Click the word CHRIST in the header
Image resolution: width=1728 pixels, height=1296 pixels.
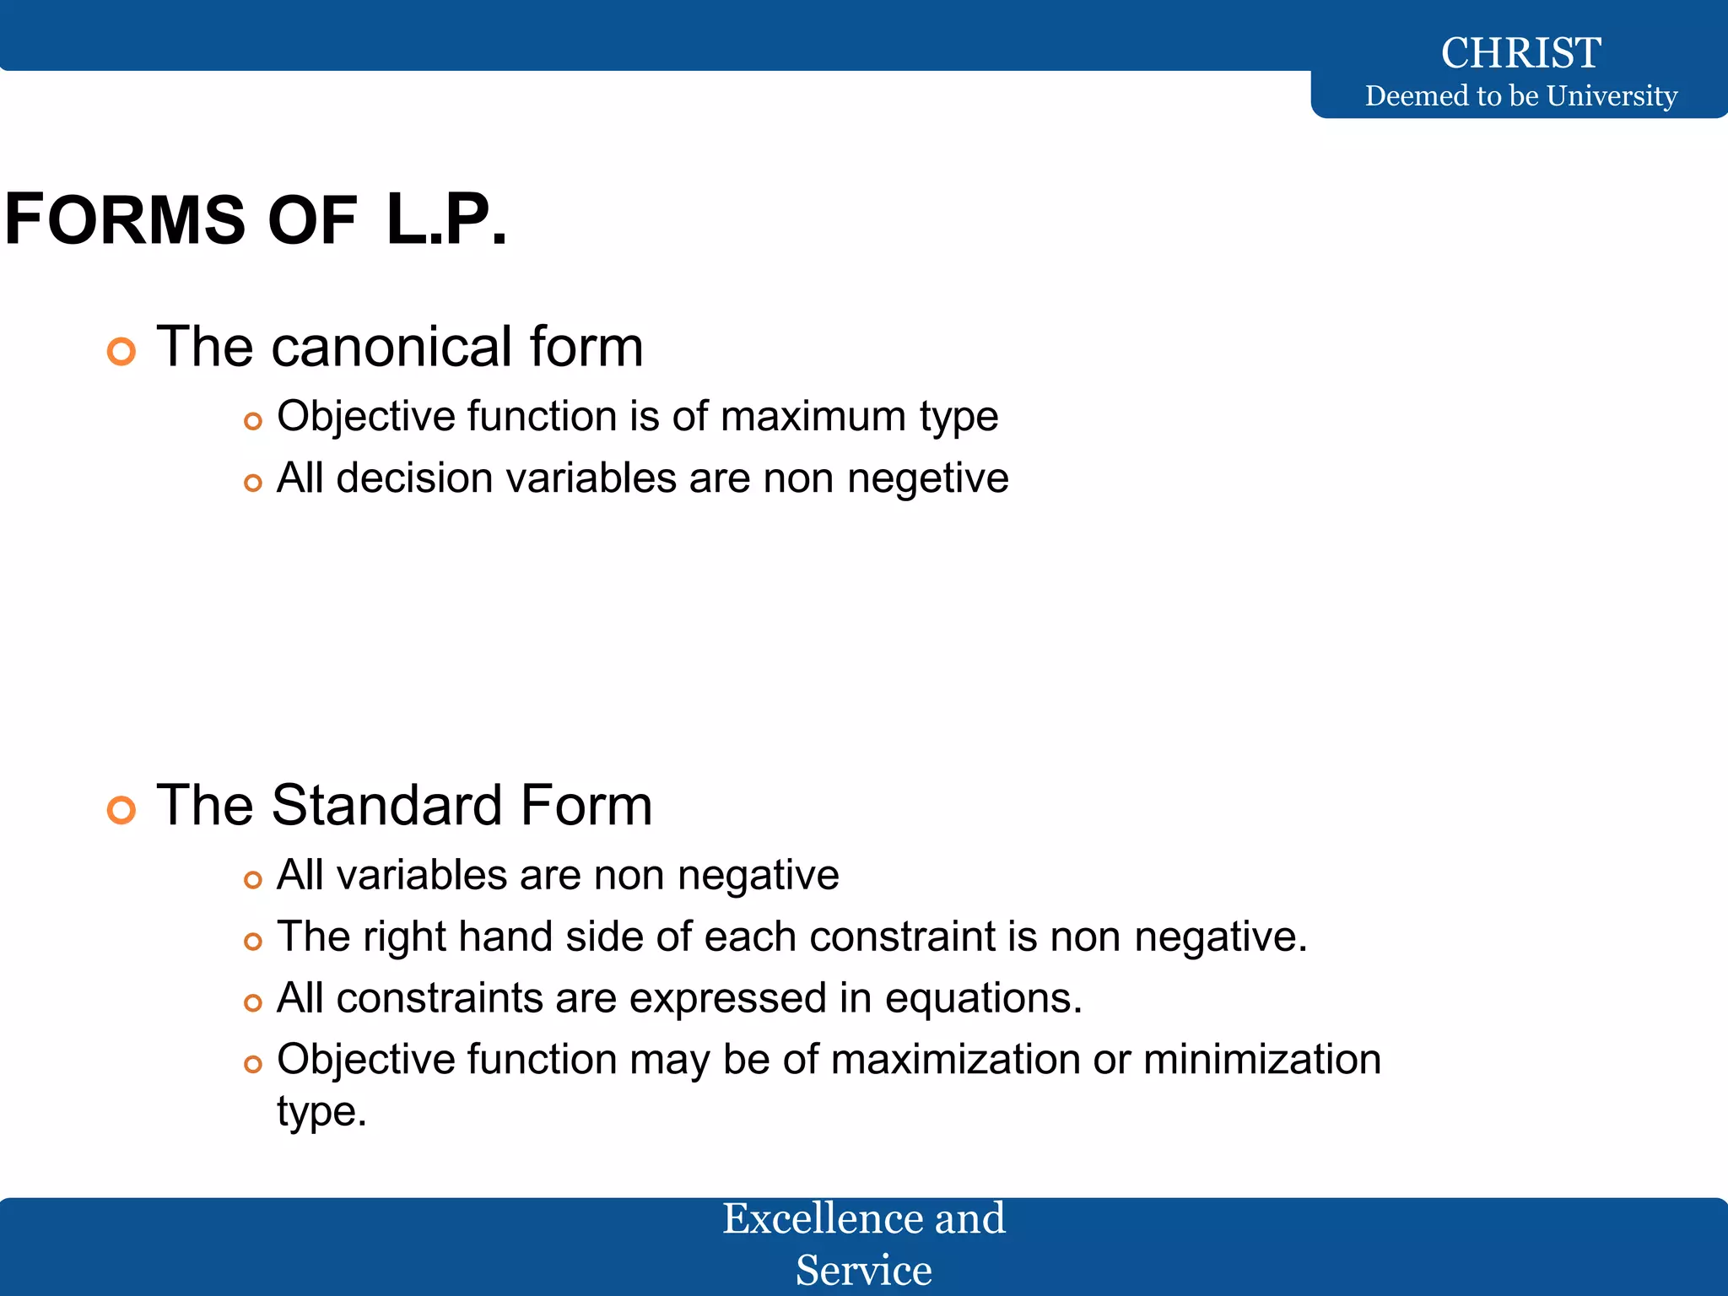pyautogui.click(x=1520, y=52)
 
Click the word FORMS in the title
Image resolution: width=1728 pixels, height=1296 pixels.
pyautogui.click(x=125, y=219)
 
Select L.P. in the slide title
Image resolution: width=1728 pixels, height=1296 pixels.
pyautogui.click(x=446, y=219)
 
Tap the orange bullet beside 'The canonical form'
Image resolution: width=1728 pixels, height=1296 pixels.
pyautogui.click(x=121, y=351)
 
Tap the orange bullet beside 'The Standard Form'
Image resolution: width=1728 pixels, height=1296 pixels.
pyautogui.click(x=121, y=809)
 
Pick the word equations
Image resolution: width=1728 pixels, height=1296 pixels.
pyautogui.click(x=983, y=997)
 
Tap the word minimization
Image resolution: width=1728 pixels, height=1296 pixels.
pyautogui.click(x=1261, y=1059)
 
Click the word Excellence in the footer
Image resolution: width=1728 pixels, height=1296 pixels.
pyautogui.click(x=811, y=1218)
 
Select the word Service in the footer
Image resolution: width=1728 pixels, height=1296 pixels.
pyautogui.click(x=863, y=1270)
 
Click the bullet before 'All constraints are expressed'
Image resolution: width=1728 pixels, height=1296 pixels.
pyautogui.click(x=252, y=1002)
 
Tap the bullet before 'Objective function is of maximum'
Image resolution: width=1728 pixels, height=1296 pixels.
pyautogui.click(x=252, y=420)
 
